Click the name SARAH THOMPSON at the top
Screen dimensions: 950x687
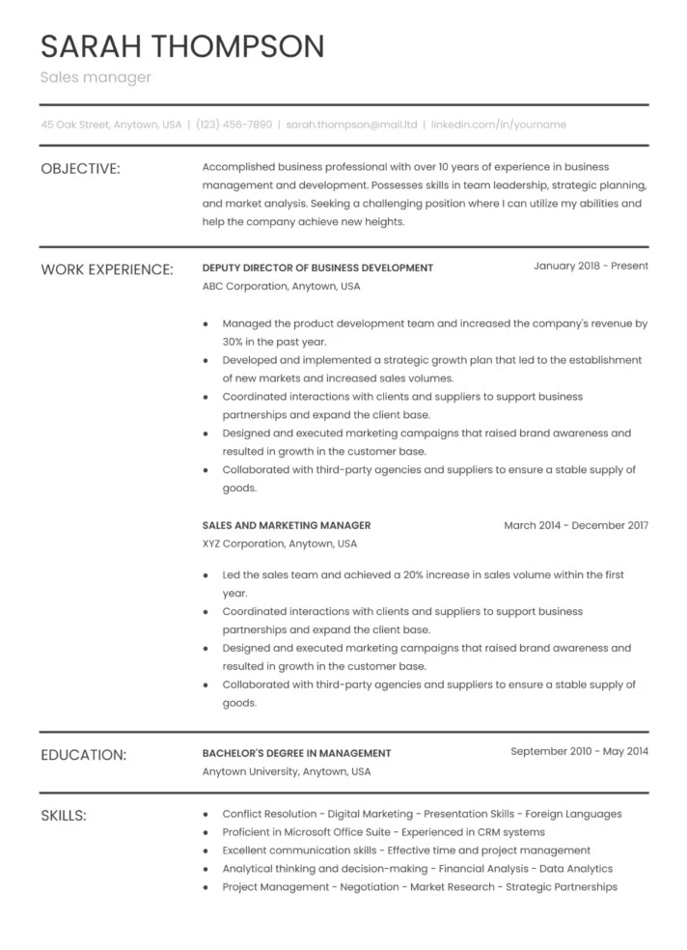point(182,45)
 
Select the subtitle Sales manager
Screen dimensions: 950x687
point(96,77)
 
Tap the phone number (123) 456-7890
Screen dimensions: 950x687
point(234,125)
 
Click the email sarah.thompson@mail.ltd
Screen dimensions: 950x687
point(351,125)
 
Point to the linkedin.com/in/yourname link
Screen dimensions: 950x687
point(498,125)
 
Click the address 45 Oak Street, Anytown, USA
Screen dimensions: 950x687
point(111,125)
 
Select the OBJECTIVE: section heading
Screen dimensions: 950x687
point(80,169)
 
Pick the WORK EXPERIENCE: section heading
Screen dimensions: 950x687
point(107,268)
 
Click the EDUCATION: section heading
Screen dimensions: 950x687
point(83,755)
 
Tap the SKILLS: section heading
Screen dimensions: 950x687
point(64,816)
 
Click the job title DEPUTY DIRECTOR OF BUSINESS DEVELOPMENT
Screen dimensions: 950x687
point(317,267)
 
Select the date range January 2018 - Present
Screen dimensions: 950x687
point(591,265)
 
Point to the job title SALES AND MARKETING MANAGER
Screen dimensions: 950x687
point(287,525)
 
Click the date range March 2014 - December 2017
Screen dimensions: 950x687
point(576,525)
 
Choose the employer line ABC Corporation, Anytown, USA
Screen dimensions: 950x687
point(281,287)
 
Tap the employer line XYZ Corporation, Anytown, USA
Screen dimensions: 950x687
point(281,545)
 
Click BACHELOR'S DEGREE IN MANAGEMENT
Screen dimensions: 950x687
point(296,753)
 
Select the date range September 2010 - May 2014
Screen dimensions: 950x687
point(579,751)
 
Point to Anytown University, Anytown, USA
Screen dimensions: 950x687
point(287,771)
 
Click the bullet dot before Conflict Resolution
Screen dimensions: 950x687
point(206,814)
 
